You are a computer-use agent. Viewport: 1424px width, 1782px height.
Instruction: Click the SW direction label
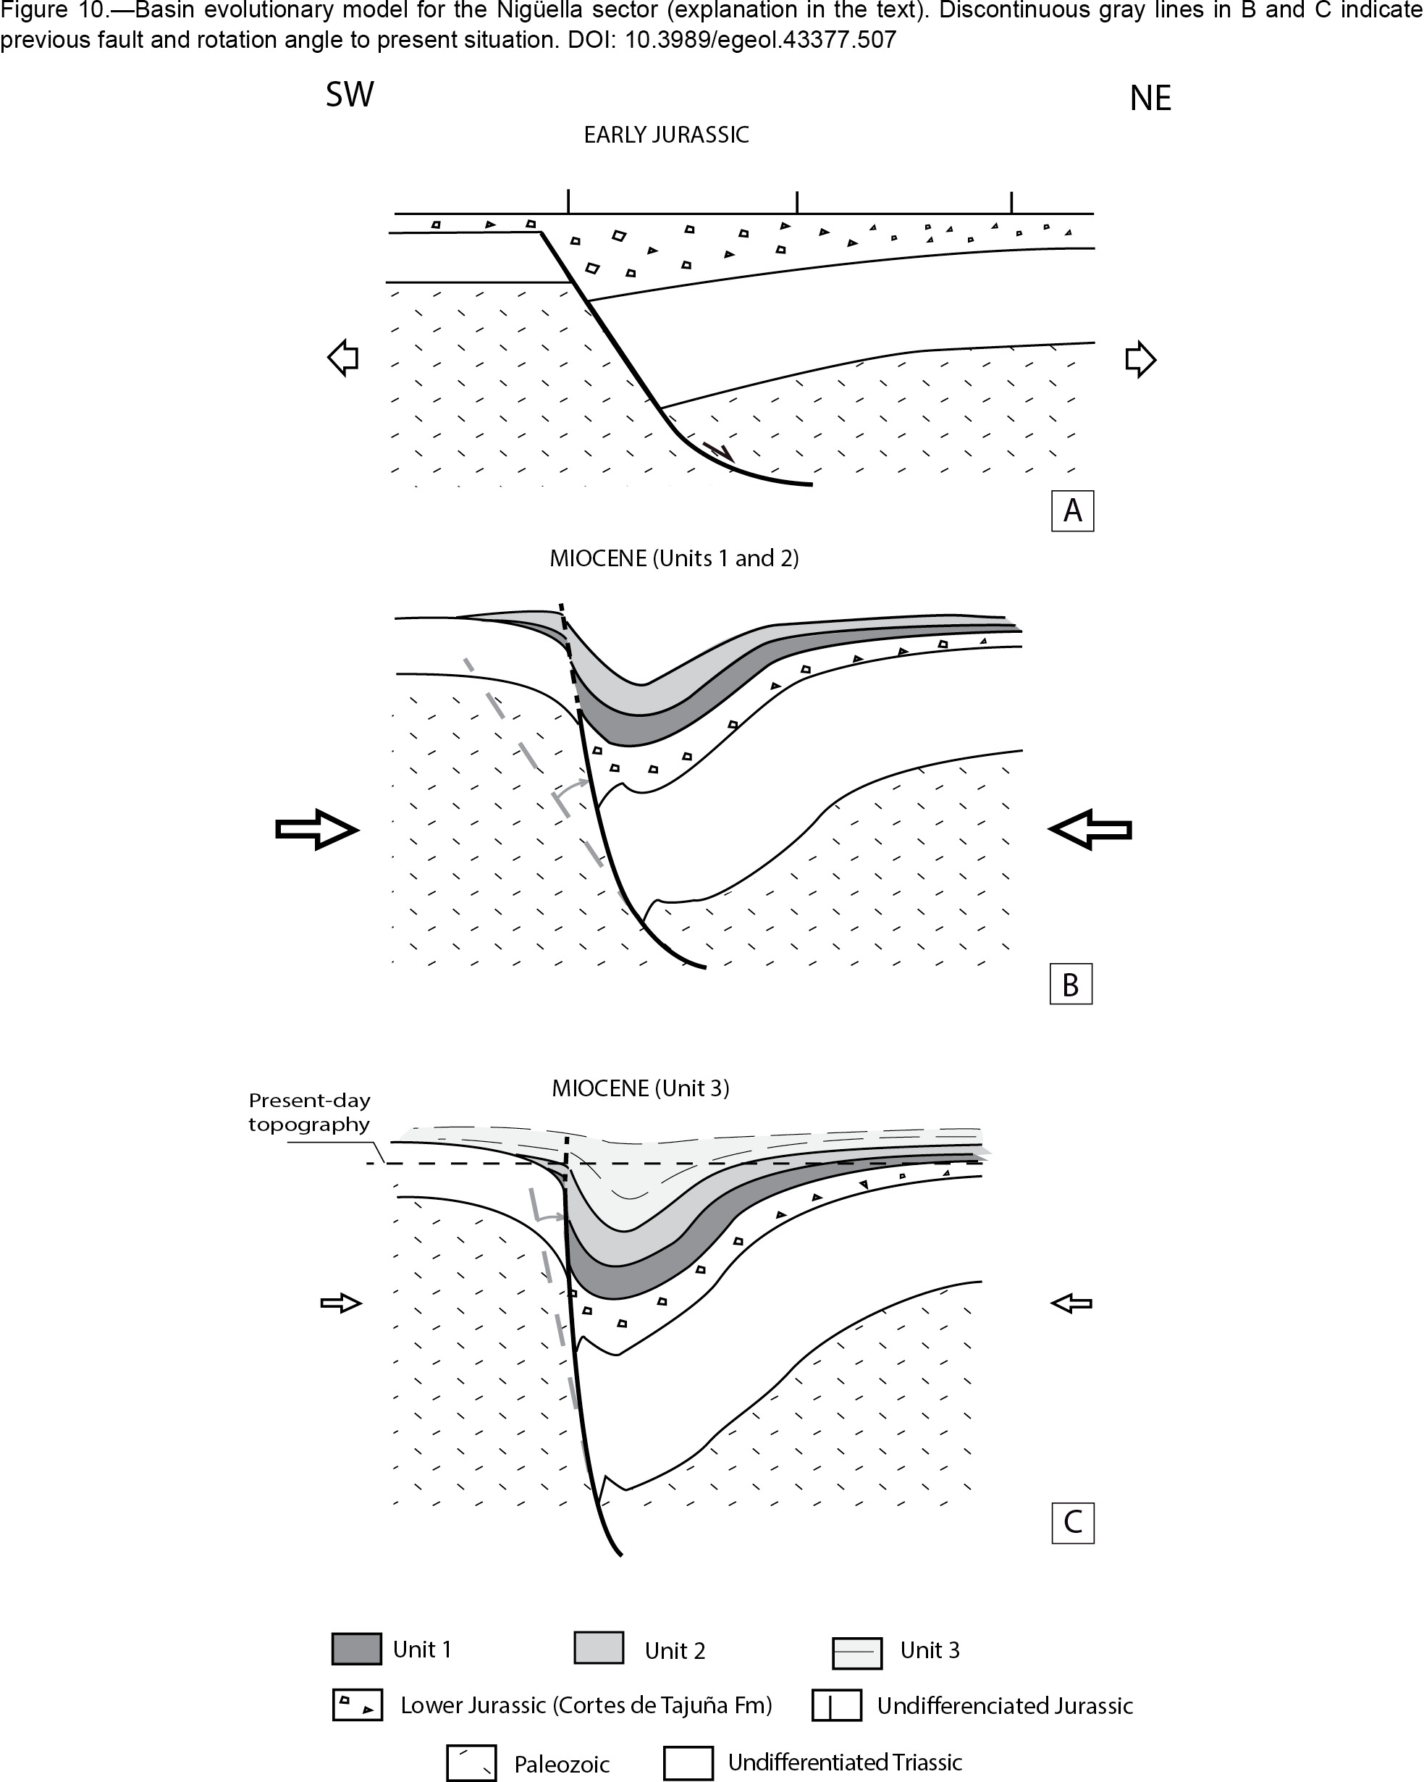pos(350,95)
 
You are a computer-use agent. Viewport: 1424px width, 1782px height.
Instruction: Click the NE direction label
pos(1150,98)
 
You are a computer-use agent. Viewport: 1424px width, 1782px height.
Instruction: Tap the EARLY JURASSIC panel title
pos(666,135)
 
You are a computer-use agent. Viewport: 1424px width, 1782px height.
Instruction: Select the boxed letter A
pos(1073,510)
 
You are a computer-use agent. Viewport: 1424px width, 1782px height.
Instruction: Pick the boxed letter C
pos(1073,1523)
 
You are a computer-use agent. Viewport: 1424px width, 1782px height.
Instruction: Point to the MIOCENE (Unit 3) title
pos(641,1088)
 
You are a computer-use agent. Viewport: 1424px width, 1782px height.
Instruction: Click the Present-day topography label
pos(309,1112)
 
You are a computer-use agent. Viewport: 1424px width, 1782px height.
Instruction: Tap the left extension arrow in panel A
pos(343,358)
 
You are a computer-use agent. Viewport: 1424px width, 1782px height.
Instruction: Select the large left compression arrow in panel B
pos(316,829)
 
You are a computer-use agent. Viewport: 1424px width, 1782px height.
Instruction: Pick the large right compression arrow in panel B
pos(1090,829)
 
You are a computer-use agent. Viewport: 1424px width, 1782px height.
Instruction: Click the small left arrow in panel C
pos(341,1303)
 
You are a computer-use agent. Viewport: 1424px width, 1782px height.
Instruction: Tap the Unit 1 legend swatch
pos(356,1648)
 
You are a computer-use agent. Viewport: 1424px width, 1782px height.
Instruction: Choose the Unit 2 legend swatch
pos(599,1647)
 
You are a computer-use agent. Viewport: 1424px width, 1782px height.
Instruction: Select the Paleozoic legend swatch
pos(471,1763)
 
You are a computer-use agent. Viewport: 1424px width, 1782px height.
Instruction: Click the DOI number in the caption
pos(760,40)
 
